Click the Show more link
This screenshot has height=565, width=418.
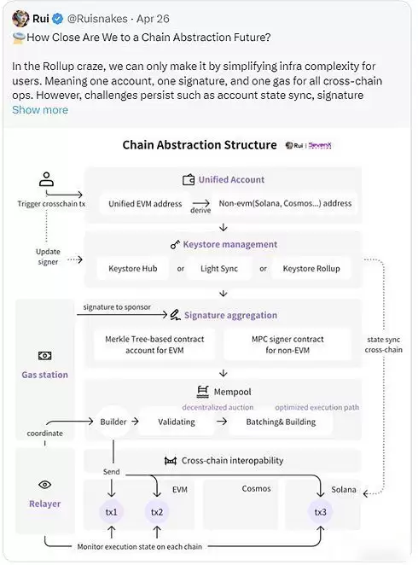(x=39, y=110)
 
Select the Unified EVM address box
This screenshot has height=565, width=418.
(x=144, y=204)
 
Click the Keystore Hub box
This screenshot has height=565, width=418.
(x=132, y=269)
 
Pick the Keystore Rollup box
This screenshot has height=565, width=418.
(x=311, y=269)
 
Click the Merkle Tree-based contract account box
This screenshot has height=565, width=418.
(x=154, y=345)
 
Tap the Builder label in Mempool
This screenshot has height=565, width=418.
(x=113, y=422)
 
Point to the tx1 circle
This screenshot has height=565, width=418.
(x=113, y=512)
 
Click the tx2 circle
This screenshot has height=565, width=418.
(x=157, y=512)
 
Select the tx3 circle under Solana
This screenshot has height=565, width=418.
(x=319, y=512)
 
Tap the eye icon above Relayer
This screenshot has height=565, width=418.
(x=45, y=485)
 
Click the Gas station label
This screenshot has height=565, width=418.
(x=44, y=375)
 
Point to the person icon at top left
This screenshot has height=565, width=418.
(x=46, y=180)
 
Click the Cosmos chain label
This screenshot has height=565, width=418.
(x=256, y=489)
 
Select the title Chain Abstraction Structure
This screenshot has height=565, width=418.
(x=199, y=145)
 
